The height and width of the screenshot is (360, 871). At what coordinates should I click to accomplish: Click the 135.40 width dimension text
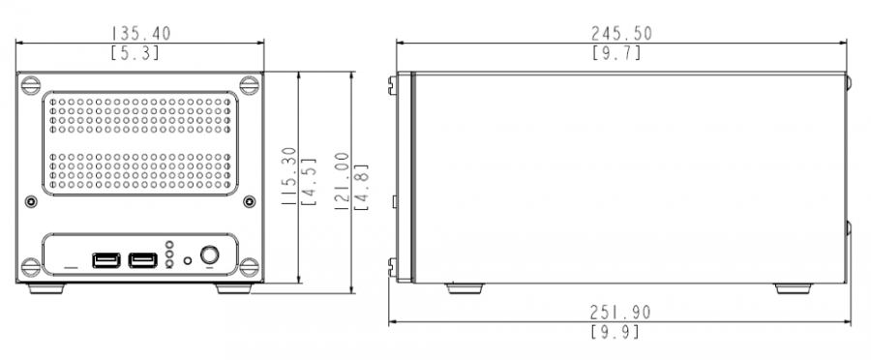[x=141, y=33]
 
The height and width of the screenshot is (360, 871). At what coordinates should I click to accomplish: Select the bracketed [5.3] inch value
[x=135, y=53]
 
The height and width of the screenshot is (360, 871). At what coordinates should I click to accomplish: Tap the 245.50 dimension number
[x=621, y=33]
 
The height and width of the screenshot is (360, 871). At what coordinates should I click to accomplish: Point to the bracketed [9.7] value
[x=616, y=53]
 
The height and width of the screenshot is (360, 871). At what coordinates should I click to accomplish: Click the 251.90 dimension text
[x=620, y=313]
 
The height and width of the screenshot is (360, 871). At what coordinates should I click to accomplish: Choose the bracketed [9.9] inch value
[x=615, y=332]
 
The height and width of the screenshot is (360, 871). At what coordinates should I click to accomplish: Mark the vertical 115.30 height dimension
[x=288, y=177]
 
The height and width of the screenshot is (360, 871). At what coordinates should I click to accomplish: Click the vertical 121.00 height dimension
[x=343, y=181]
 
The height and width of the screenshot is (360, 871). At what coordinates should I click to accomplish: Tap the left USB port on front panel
[x=106, y=260]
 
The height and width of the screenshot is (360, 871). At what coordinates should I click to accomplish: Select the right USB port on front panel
[x=143, y=260]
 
